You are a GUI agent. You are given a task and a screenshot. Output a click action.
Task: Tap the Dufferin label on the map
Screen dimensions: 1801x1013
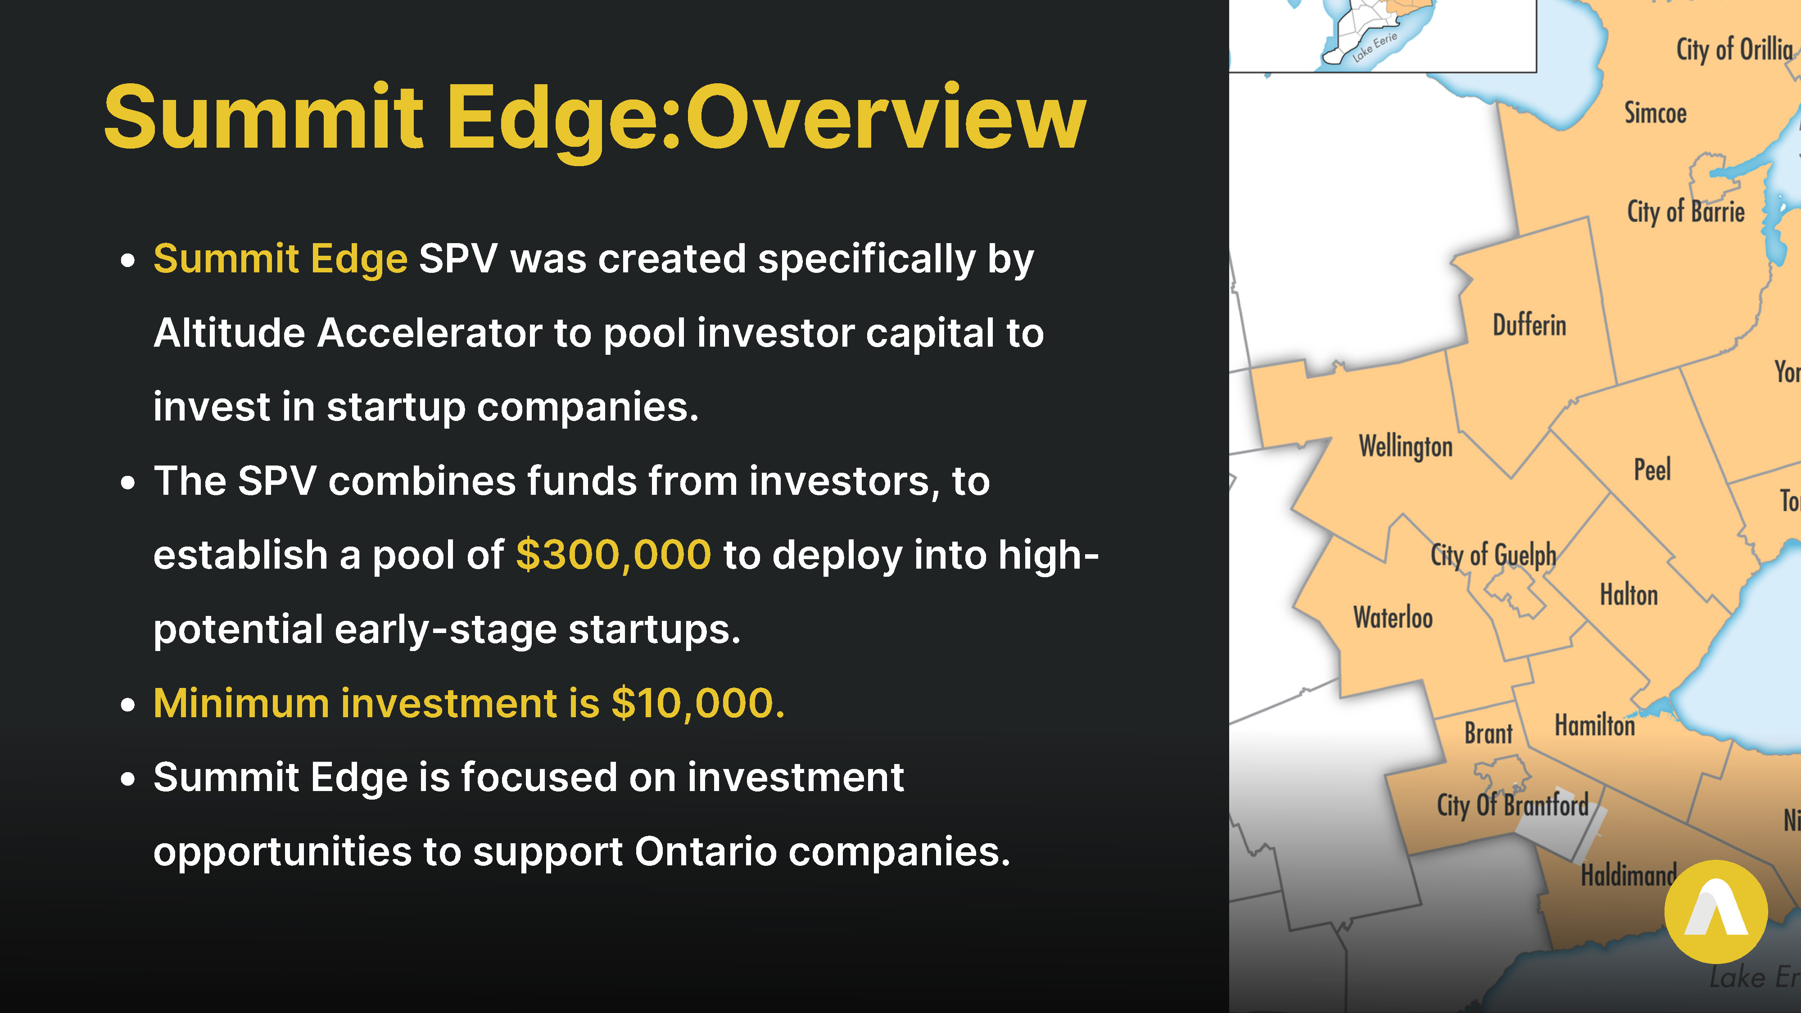tap(1530, 325)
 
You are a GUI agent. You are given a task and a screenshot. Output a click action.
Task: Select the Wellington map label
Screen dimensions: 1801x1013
tap(1405, 447)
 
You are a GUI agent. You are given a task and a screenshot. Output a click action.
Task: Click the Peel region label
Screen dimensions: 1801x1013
tap(1652, 469)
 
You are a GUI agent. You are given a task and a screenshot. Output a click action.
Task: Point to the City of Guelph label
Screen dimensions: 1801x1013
tap(1493, 556)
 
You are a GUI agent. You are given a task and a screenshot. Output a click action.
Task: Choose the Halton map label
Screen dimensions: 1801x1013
tap(1629, 595)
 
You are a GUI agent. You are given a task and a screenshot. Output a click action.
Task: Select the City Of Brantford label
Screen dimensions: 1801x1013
tap(1513, 805)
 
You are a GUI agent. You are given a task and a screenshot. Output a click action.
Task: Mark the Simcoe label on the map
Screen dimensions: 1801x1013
tap(1655, 113)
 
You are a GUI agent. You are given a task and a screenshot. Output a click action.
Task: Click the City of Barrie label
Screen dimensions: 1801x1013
tap(1686, 212)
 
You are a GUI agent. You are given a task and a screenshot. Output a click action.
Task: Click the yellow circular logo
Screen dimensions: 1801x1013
tap(1716, 912)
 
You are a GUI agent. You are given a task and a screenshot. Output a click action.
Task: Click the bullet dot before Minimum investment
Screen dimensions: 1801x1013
tap(127, 705)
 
